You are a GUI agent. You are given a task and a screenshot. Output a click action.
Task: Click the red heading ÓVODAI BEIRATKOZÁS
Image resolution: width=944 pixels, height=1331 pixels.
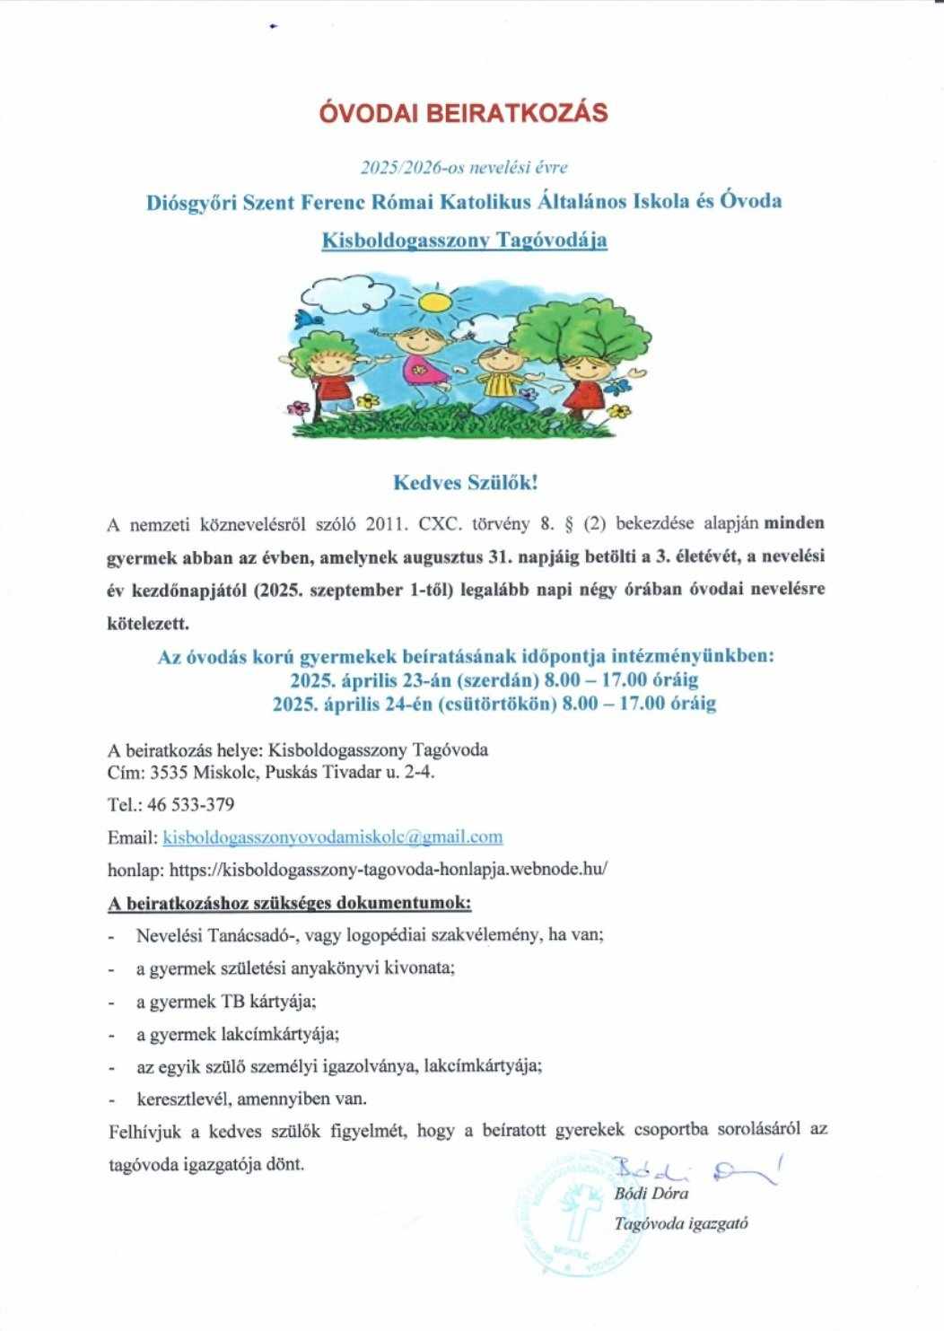(464, 113)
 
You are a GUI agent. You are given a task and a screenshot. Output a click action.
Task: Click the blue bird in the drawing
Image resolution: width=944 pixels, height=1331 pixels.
(311, 320)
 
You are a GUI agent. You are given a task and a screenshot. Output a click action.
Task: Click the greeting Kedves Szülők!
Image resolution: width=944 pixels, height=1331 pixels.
(466, 483)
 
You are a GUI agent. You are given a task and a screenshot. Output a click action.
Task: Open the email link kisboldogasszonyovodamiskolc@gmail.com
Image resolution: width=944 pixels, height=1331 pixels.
(332, 837)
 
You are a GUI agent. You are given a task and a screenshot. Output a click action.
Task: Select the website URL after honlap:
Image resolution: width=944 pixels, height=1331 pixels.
(389, 869)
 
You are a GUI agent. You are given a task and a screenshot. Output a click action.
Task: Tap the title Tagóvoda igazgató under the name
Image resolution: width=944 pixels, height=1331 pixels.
(681, 1223)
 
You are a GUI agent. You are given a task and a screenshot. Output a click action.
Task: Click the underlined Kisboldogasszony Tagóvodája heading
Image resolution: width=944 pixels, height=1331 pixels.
(464, 241)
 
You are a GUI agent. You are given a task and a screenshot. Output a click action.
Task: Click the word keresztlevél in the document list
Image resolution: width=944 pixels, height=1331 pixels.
(176, 1098)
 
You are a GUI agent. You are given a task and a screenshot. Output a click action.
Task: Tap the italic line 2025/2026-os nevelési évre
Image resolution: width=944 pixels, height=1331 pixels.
(464, 167)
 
